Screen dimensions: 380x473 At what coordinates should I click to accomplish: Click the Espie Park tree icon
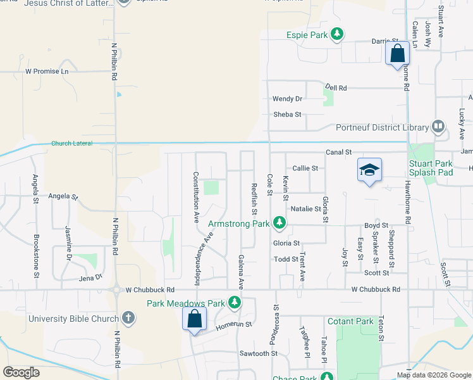pyautogui.click(x=338, y=35)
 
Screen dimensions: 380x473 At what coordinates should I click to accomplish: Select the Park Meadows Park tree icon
pyautogui.click(x=235, y=303)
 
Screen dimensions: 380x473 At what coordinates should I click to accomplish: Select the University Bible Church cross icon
pyautogui.click(x=128, y=317)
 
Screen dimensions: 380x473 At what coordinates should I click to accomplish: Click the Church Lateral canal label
pyautogui.click(x=71, y=144)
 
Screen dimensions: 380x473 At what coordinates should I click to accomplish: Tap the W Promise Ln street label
pyautogui.click(x=47, y=72)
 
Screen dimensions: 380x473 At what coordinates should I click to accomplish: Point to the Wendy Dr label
pyautogui.click(x=287, y=99)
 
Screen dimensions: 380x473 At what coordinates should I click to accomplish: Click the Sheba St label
pyautogui.click(x=287, y=115)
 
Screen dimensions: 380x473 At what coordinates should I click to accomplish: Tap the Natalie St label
pyautogui.click(x=306, y=208)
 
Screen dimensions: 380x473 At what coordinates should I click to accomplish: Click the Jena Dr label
pyautogui.click(x=90, y=278)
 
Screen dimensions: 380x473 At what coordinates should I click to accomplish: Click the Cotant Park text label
pyautogui.click(x=350, y=322)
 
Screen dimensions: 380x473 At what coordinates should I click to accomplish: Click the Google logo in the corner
pyautogui.click(x=21, y=372)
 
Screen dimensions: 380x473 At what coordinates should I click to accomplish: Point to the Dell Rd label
pyautogui.click(x=336, y=88)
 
